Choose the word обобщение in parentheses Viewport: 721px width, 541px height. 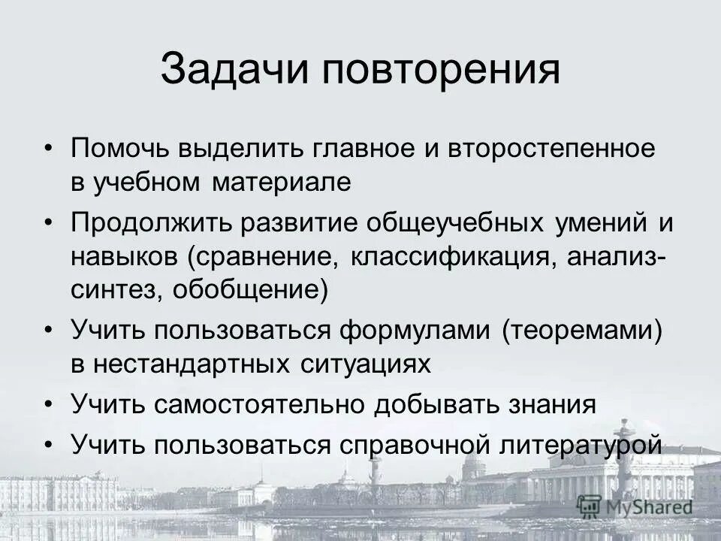pyautogui.click(x=251, y=291)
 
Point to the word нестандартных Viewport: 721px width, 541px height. pyautogui.click(x=200, y=364)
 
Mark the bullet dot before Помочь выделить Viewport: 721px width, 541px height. pyautogui.click(x=50, y=149)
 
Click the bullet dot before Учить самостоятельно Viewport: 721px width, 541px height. pyautogui.click(x=50, y=405)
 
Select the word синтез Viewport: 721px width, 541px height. pyautogui.click(x=108, y=291)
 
